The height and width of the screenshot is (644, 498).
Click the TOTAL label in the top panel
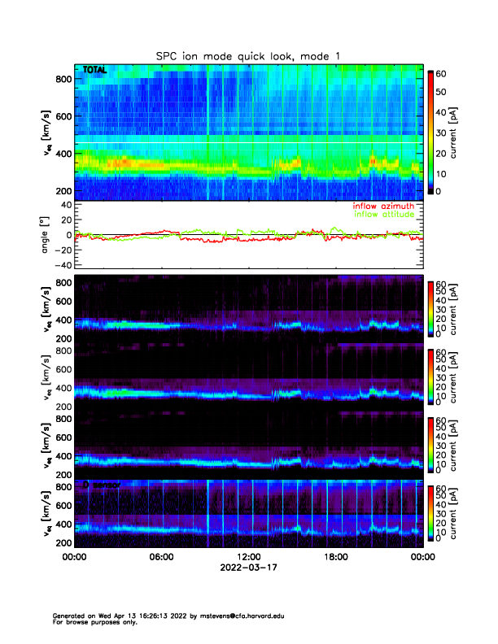click(x=94, y=71)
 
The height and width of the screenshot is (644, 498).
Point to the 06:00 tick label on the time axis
click(x=161, y=558)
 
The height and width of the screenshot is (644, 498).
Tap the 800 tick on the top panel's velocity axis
click(x=63, y=79)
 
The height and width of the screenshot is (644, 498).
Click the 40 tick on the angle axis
click(x=65, y=205)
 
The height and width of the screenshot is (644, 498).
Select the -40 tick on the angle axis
click(x=61, y=265)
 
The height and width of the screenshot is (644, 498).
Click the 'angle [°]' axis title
click(x=46, y=235)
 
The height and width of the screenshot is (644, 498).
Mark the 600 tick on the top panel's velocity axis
click(x=63, y=116)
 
